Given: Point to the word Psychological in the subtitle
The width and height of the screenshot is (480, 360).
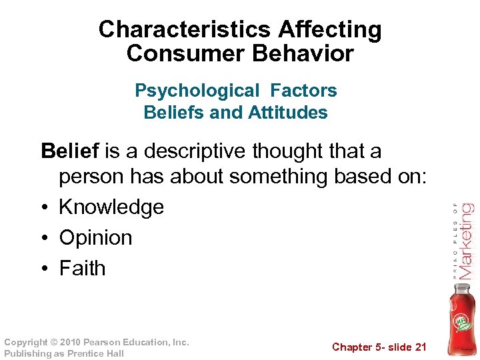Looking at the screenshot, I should pyautogui.click(x=187, y=91).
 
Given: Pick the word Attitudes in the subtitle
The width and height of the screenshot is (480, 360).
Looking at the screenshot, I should pyautogui.click(x=288, y=113).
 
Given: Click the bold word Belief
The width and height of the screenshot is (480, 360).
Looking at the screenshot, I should pyautogui.click(x=69, y=151).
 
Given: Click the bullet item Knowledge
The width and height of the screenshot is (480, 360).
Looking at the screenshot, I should pyautogui.click(x=111, y=207).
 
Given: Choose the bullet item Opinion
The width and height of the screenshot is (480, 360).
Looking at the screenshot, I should pyautogui.click(x=95, y=237).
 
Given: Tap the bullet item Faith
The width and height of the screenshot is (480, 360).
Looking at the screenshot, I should pyautogui.click(x=83, y=268).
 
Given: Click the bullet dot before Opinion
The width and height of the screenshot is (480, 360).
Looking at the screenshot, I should pyautogui.click(x=45, y=238).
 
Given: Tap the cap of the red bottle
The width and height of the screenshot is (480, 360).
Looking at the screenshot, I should pyautogui.click(x=462, y=287).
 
